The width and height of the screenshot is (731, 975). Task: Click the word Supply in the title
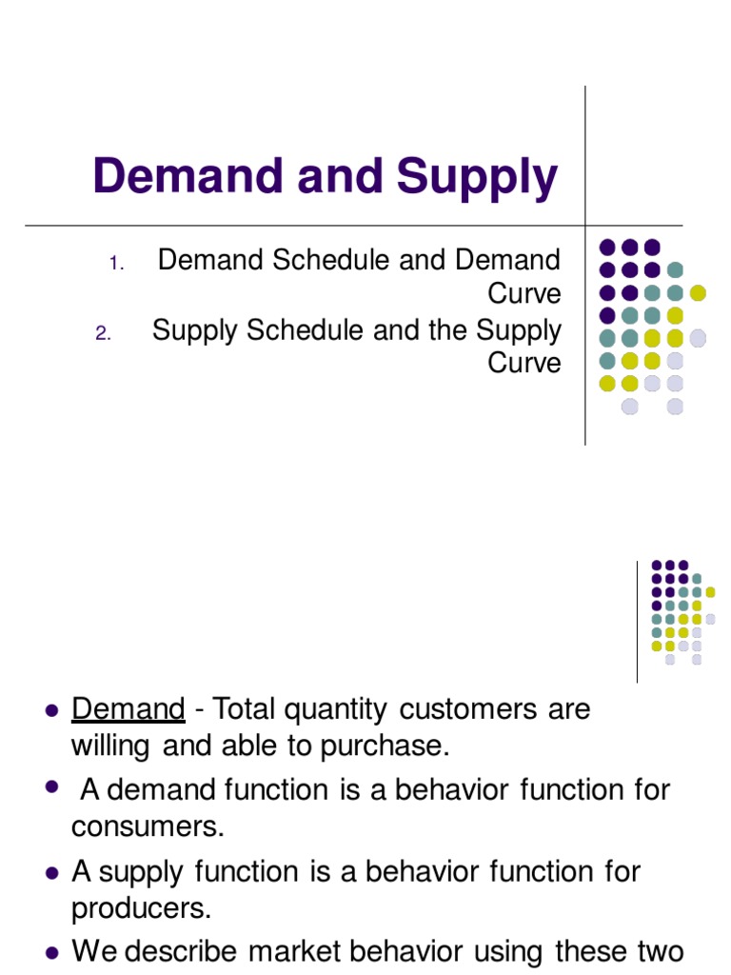point(478,179)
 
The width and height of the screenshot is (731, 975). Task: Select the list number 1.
point(115,263)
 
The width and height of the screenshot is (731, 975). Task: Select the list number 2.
point(105,333)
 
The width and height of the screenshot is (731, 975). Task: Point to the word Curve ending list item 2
point(524,364)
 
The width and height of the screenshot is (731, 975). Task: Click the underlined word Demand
point(128,709)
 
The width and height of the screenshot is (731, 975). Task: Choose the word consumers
point(148,827)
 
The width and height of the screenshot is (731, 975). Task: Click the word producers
point(141,909)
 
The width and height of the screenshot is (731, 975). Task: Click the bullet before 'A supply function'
point(53,872)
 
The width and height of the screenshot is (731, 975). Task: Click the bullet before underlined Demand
point(53,710)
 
